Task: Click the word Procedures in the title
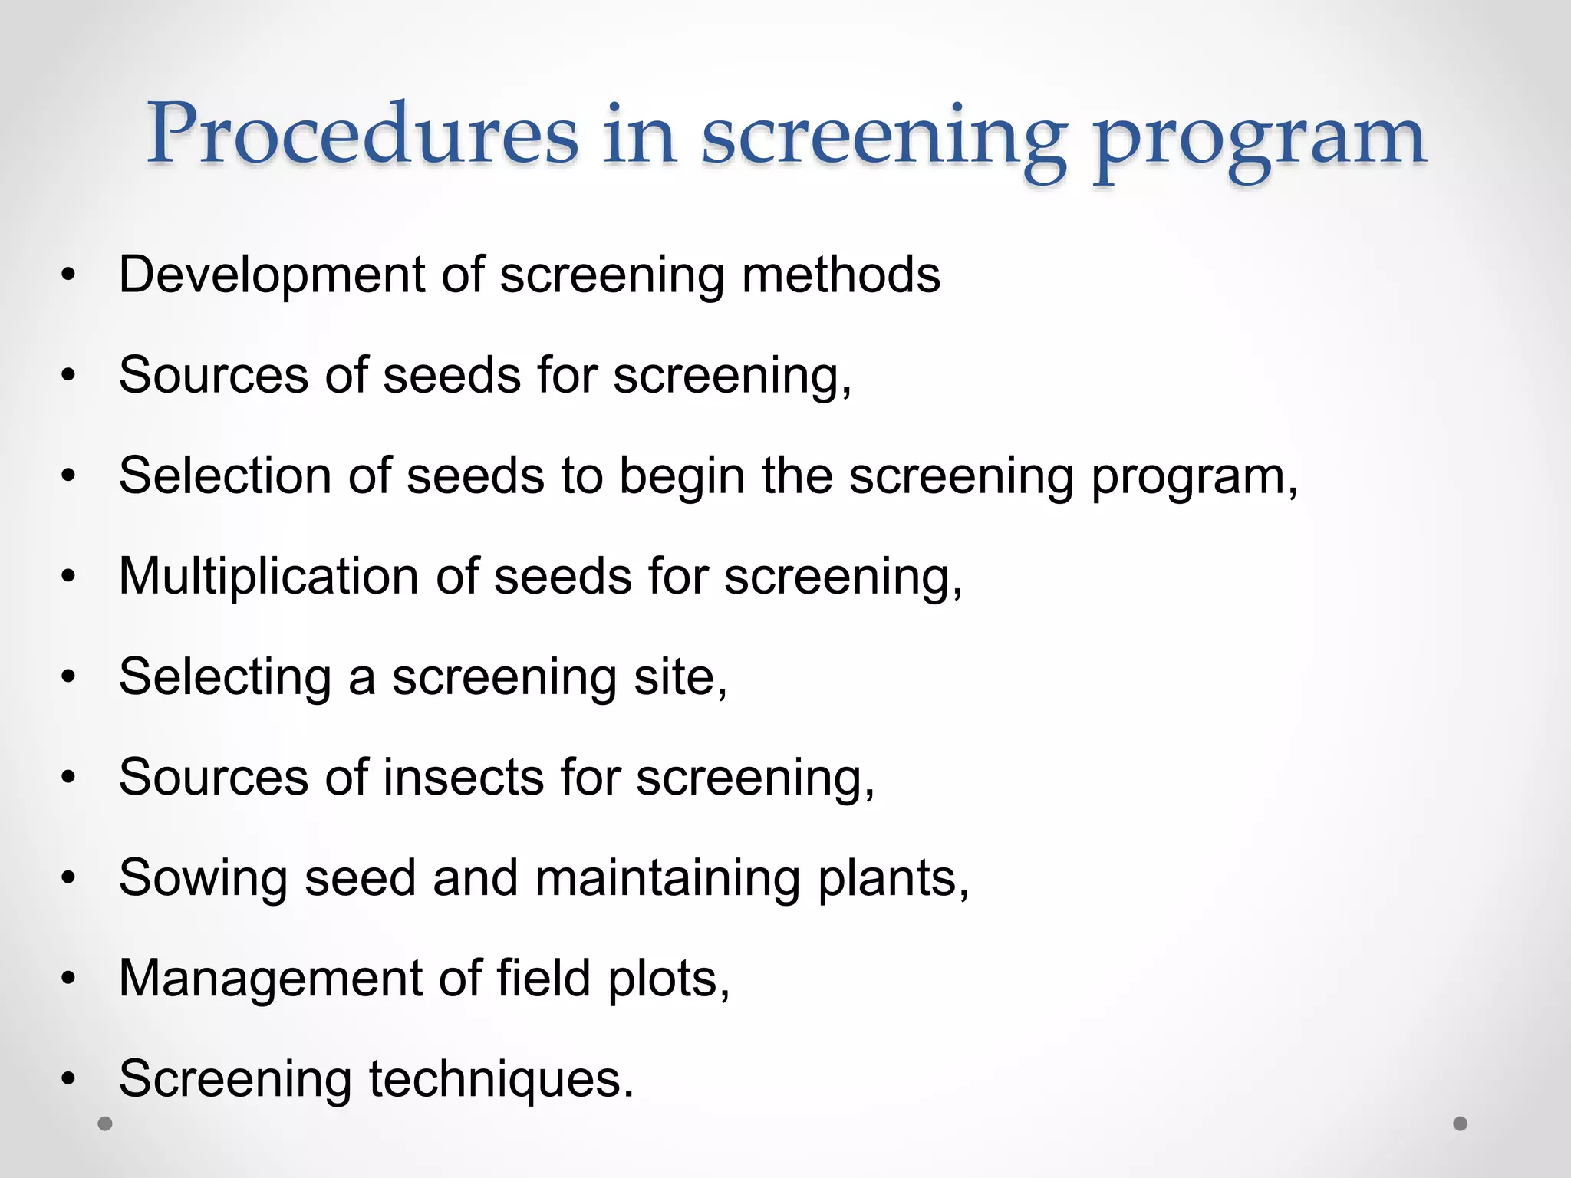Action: (x=362, y=133)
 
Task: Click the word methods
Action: (x=841, y=275)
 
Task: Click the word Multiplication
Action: (x=268, y=577)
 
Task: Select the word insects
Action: (x=463, y=778)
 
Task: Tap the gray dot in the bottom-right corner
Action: (x=1461, y=1124)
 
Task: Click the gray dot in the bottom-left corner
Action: (x=105, y=1124)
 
